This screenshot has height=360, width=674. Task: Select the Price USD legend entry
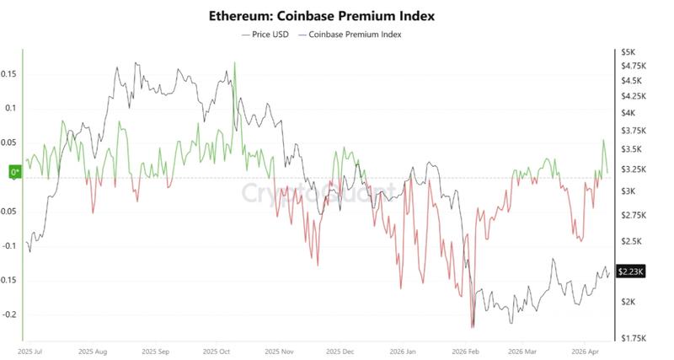pyautogui.click(x=267, y=35)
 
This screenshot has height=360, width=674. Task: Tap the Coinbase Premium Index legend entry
pyautogui.click(x=355, y=35)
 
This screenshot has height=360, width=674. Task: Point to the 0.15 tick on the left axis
pyautogui.click(x=8, y=74)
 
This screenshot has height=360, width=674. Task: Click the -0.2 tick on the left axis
pyautogui.click(x=8, y=314)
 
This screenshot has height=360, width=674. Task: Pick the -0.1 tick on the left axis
pyautogui.click(x=8, y=246)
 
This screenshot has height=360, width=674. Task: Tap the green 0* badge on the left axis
pyautogui.click(x=14, y=173)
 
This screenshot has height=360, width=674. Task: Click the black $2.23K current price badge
pyautogui.click(x=631, y=271)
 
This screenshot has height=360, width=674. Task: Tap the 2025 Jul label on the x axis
pyautogui.click(x=32, y=349)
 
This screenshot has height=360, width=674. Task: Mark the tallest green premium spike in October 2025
pyautogui.click(x=234, y=63)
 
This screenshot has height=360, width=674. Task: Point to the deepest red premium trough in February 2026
pyautogui.click(x=473, y=327)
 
